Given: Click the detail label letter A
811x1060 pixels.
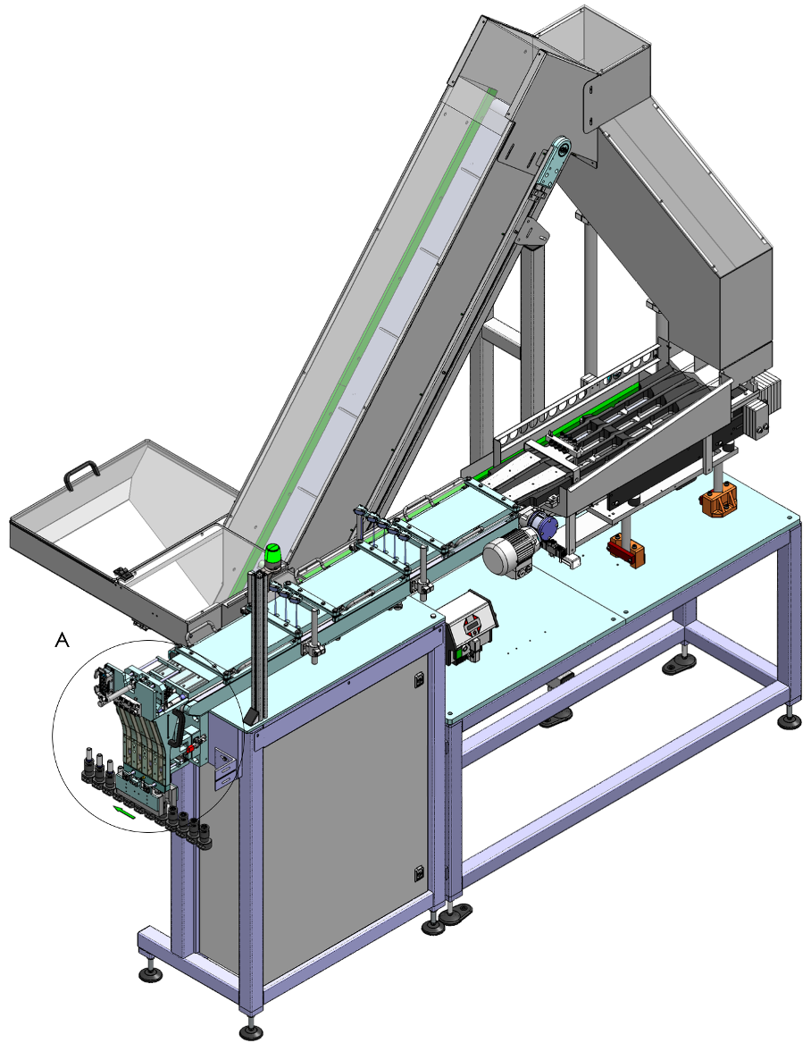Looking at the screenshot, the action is click(62, 640).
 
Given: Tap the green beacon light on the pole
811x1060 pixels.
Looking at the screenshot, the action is click(273, 555).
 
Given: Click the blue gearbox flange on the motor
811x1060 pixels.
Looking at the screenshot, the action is click(543, 524).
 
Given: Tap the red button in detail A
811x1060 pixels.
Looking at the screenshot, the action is click(190, 750).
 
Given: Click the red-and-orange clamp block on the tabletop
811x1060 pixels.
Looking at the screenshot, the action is click(626, 550).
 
